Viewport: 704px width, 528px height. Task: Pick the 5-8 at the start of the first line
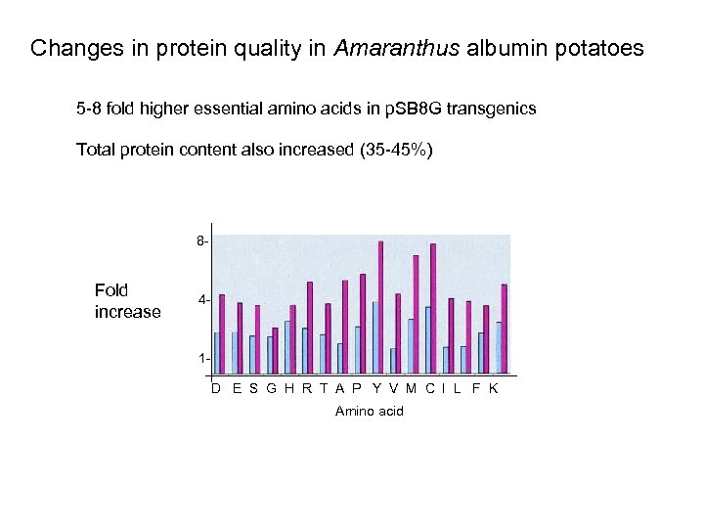tap(89, 109)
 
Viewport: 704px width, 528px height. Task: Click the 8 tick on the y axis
tap(200, 241)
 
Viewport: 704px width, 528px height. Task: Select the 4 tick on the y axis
tap(200, 300)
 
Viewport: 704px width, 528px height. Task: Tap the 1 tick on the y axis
tap(200, 359)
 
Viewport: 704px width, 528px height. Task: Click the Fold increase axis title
tap(127, 301)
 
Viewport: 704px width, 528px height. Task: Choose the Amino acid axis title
tap(369, 412)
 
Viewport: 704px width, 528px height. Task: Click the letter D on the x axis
tap(217, 388)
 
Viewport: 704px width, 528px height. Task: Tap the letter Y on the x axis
tap(377, 388)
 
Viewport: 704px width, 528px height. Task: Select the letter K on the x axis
tap(494, 388)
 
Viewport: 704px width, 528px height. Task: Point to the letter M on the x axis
tap(411, 388)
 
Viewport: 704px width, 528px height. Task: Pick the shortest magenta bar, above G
tap(275, 350)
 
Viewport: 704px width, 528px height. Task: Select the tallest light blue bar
tap(375, 337)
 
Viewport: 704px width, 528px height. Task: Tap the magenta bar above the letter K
tap(505, 329)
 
